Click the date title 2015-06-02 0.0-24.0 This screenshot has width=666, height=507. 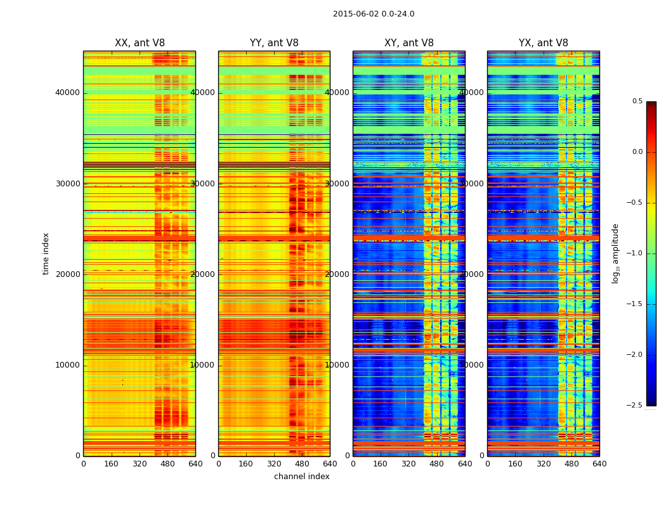click(x=374, y=14)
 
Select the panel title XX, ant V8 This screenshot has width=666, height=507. click(x=140, y=43)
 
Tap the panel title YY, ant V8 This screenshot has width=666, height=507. click(x=274, y=43)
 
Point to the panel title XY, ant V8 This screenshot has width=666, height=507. click(x=409, y=43)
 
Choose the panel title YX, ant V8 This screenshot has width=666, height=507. click(x=544, y=43)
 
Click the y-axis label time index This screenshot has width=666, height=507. click(x=46, y=253)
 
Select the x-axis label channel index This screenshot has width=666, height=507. click(x=302, y=477)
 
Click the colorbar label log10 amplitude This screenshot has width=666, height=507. click(x=615, y=253)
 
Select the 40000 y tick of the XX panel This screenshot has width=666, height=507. click(x=68, y=93)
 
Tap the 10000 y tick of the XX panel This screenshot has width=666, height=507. click(x=68, y=365)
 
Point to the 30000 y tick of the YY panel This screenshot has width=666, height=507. click(x=203, y=184)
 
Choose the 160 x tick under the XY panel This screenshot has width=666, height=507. click(x=381, y=464)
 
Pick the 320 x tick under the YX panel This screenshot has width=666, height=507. click(x=544, y=464)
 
